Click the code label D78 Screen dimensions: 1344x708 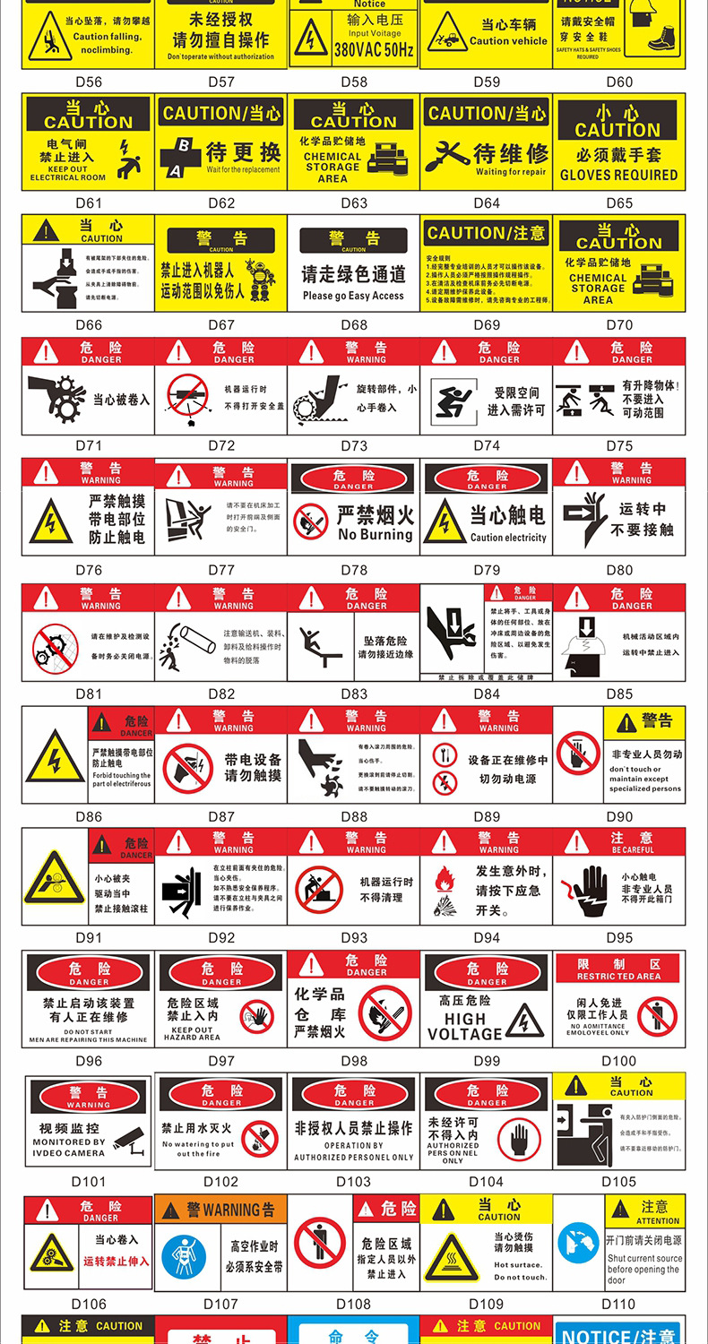pos(354,570)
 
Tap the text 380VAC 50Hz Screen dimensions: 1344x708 pos(375,51)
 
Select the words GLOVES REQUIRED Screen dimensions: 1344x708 pos(618,175)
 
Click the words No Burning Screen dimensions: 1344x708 pos(376,535)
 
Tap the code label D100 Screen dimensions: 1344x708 pos(618,1061)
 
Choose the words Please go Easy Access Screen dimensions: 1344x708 pos(353,296)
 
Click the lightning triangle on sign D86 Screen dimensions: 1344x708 pos(55,757)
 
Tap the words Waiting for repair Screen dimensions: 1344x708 pos(511,172)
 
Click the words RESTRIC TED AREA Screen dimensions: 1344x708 pos(618,977)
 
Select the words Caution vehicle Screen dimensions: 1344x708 pos(508,41)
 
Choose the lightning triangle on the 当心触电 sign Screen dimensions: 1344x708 pos(445,521)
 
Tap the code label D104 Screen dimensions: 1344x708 pos(486,1182)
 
